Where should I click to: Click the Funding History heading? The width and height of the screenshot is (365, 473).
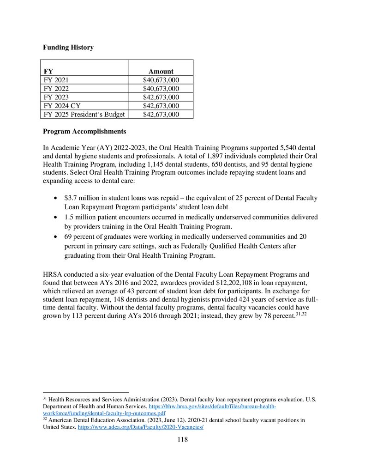pyautogui.click(x=68, y=47)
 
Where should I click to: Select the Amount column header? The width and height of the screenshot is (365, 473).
pyautogui.click(x=161, y=71)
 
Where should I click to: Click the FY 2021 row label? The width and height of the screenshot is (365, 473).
pyautogui.click(x=55, y=80)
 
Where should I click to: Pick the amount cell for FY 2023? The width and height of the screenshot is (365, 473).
pyautogui.click(x=161, y=97)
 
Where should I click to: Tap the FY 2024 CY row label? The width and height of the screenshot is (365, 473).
pyautogui.click(x=61, y=106)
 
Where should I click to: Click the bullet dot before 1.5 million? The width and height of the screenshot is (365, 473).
pyautogui.click(x=56, y=217)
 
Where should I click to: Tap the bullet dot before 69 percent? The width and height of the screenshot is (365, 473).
pyautogui.click(x=56, y=236)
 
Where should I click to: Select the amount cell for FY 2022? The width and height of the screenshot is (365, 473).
pyautogui.click(x=161, y=88)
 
